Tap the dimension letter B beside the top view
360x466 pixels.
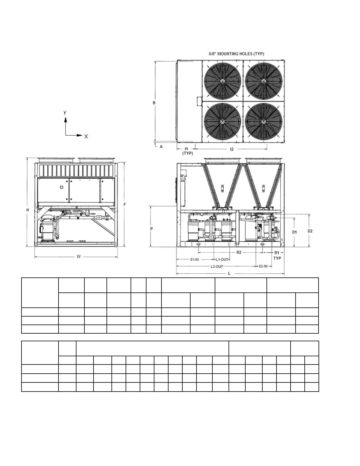[154, 103]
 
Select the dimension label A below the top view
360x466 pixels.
[161, 147]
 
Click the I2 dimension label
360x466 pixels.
[232, 149]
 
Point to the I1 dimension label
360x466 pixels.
[186, 149]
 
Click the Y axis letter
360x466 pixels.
[65, 113]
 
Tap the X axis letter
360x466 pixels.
[86, 137]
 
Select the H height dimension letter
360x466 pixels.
[28, 210]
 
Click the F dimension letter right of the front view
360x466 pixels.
[125, 204]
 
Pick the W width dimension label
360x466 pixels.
[79, 257]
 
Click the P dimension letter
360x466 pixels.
[151, 229]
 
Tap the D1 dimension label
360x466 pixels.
[294, 232]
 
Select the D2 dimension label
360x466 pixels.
[310, 231]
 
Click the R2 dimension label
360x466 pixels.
[239, 252]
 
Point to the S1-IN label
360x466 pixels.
[195, 259]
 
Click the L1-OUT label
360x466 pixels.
[222, 259]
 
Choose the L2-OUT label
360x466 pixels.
[217, 267]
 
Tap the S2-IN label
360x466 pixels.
[263, 266]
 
